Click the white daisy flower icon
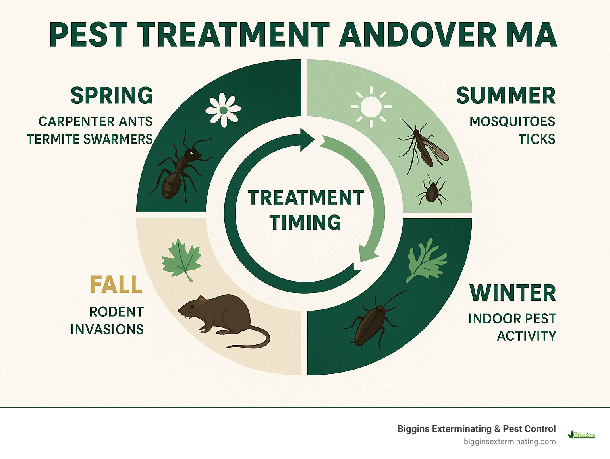click(x=223, y=110)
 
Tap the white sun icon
click(x=371, y=107)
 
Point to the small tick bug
click(x=432, y=191)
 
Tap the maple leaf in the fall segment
click(x=181, y=260)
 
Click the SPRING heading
click(x=112, y=96)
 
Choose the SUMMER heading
click(x=506, y=96)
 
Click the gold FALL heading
click(x=116, y=284)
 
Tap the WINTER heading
click(x=513, y=293)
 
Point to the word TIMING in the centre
click(x=305, y=222)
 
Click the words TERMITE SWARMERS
click(x=90, y=139)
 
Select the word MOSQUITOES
click(x=512, y=121)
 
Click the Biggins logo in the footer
click(x=582, y=434)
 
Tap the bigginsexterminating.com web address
click(x=510, y=441)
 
